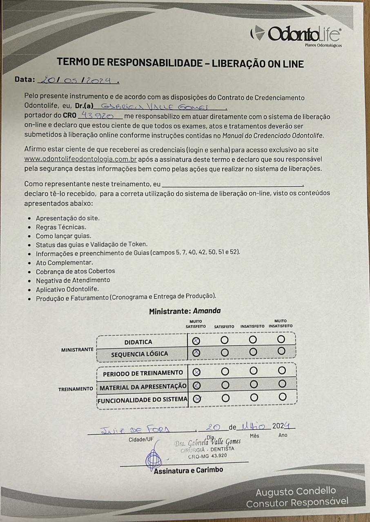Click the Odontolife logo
pyautogui.click(x=296, y=34)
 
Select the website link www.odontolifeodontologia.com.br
pyautogui.click(x=80, y=159)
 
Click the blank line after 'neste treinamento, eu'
pyautogui.click(x=233, y=184)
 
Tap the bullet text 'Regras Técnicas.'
pyautogui.click(x=61, y=227)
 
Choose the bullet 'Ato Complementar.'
pyautogui.click(x=64, y=262)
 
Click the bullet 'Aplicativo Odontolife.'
pyautogui.click(x=67, y=289)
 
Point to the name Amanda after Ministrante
pyautogui.click(x=207, y=311)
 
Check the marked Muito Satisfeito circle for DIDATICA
pyautogui.click(x=196, y=341)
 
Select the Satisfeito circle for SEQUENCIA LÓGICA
pyautogui.click(x=225, y=352)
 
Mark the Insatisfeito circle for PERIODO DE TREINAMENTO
pyautogui.click(x=254, y=371)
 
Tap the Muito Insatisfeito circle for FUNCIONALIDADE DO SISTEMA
pyautogui.click(x=282, y=397)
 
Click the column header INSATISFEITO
pyautogui.click(x=252, y=327)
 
